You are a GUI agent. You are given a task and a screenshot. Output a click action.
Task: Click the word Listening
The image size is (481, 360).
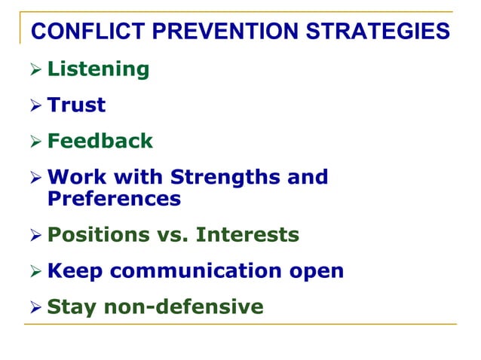click(98, 70)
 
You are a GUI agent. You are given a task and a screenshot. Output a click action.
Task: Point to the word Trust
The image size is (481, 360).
click(76, 105)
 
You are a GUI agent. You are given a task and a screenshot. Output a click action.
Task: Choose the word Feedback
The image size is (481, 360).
click(100, 141)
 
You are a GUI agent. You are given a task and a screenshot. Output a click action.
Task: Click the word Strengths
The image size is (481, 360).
click(226, 178)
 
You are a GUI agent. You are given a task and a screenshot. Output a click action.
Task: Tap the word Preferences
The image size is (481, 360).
click(114, 199)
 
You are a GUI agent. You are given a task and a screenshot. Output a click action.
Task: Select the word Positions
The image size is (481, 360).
click(98, 236)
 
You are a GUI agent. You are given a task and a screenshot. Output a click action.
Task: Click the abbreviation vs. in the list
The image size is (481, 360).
click(173, 236)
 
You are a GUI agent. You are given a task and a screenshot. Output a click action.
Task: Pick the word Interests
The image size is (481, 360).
click(247, 236)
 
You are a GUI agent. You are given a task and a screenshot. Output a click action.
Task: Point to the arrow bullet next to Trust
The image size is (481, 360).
click(34, 106)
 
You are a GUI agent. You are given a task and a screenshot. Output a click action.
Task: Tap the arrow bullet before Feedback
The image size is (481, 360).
click(34, 142)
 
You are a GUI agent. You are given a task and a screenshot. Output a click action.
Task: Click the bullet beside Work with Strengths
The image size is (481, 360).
click(34, 178)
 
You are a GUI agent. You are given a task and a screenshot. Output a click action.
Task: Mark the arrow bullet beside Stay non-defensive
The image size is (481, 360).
click(34, 308)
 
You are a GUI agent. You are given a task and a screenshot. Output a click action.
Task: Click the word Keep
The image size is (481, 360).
click(74, 272)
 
